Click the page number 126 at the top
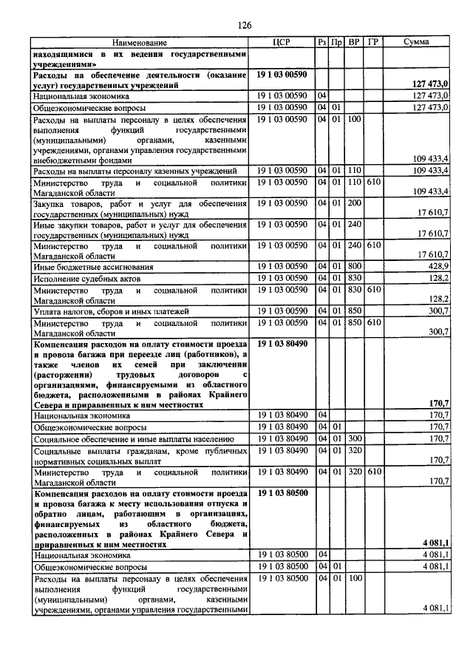245,25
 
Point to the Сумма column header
418,43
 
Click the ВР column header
354,43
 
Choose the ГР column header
374,43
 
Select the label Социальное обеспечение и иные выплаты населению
133,439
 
